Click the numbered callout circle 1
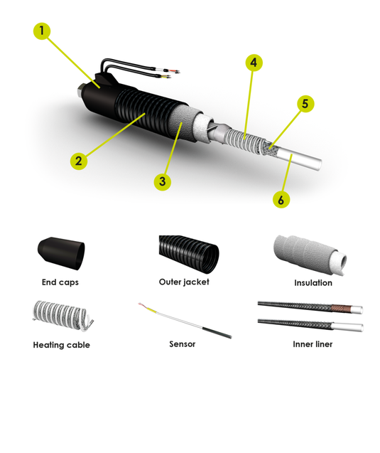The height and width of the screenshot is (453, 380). click(x=42, y=31)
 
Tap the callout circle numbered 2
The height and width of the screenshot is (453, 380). click(x=79, y=161)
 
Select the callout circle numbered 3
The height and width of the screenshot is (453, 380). click(x=163, y=182)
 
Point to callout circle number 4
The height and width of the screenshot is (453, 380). click(x=254, y=63)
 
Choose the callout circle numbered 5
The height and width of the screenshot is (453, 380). click(x=305, y=104)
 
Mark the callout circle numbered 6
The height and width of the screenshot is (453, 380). click(x=281, y=199)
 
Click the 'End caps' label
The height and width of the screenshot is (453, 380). click(x=60, y=282)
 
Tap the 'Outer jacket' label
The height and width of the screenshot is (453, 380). click(x=184, y=282)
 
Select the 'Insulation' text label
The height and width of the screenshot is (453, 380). click(x=313, y=283)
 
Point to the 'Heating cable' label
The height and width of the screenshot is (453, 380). click(x=62, y=345)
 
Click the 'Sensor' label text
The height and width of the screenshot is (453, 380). click(x=183, y=344)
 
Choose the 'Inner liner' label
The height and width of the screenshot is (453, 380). click(x=313, y=344)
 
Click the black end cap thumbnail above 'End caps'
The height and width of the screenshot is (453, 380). click(x=61, y=254)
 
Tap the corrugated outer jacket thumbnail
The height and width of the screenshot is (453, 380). click(x=189, y=255)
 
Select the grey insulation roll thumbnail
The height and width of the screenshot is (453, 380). click(x=310, y=255)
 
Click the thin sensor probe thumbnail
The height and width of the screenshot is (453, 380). click(x=185, y=320)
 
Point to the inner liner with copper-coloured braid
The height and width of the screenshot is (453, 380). click(x=310, y=307)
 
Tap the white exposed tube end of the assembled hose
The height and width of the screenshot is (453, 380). click(x=300, y=159)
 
